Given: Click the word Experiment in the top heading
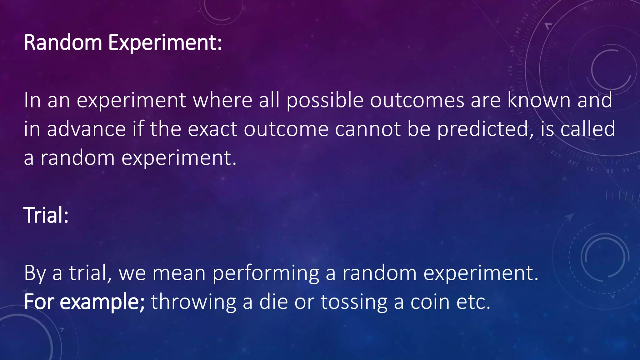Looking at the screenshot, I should point(165,43).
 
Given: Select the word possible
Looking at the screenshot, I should point(325,101).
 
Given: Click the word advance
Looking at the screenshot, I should point(86,129).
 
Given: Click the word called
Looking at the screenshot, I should point(587,129).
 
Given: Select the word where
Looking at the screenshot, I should point(222,101).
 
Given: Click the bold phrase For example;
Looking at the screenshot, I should point(84,302).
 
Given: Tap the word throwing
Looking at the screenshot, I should point(193,302).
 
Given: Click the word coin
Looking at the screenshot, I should point(430,302).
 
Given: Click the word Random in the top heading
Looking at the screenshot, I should point(63,43).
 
